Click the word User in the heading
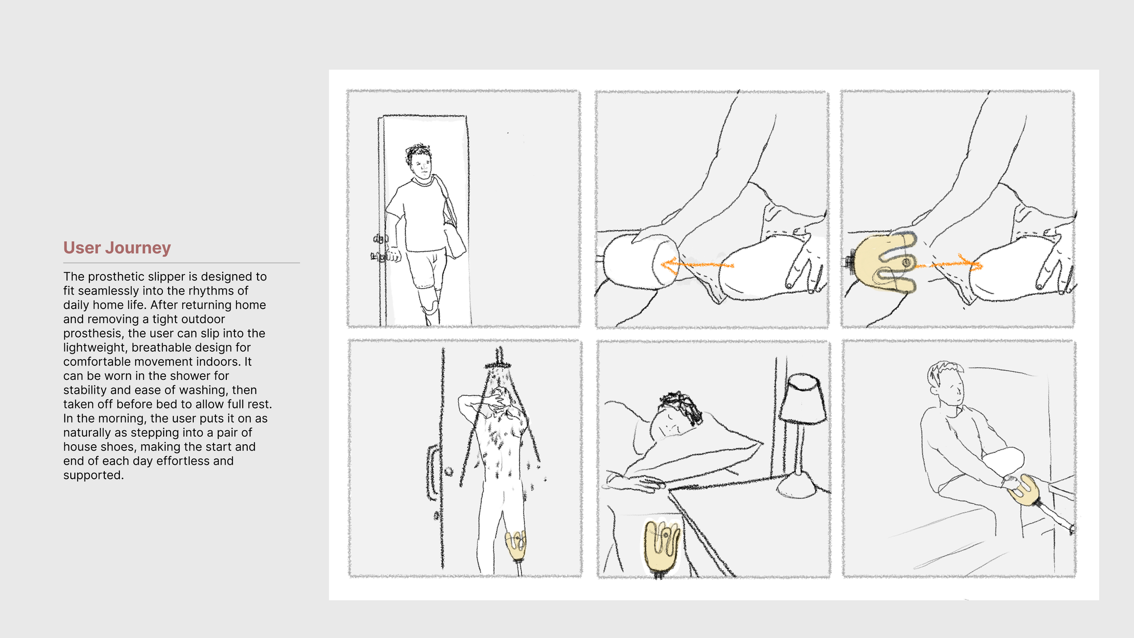click(x=82, y=248)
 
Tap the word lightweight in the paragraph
click(x=95, y=347)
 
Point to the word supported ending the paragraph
click(x=93, y=475)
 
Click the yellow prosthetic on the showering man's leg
click(x=516, y=545)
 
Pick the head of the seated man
click(x=946, y=383)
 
